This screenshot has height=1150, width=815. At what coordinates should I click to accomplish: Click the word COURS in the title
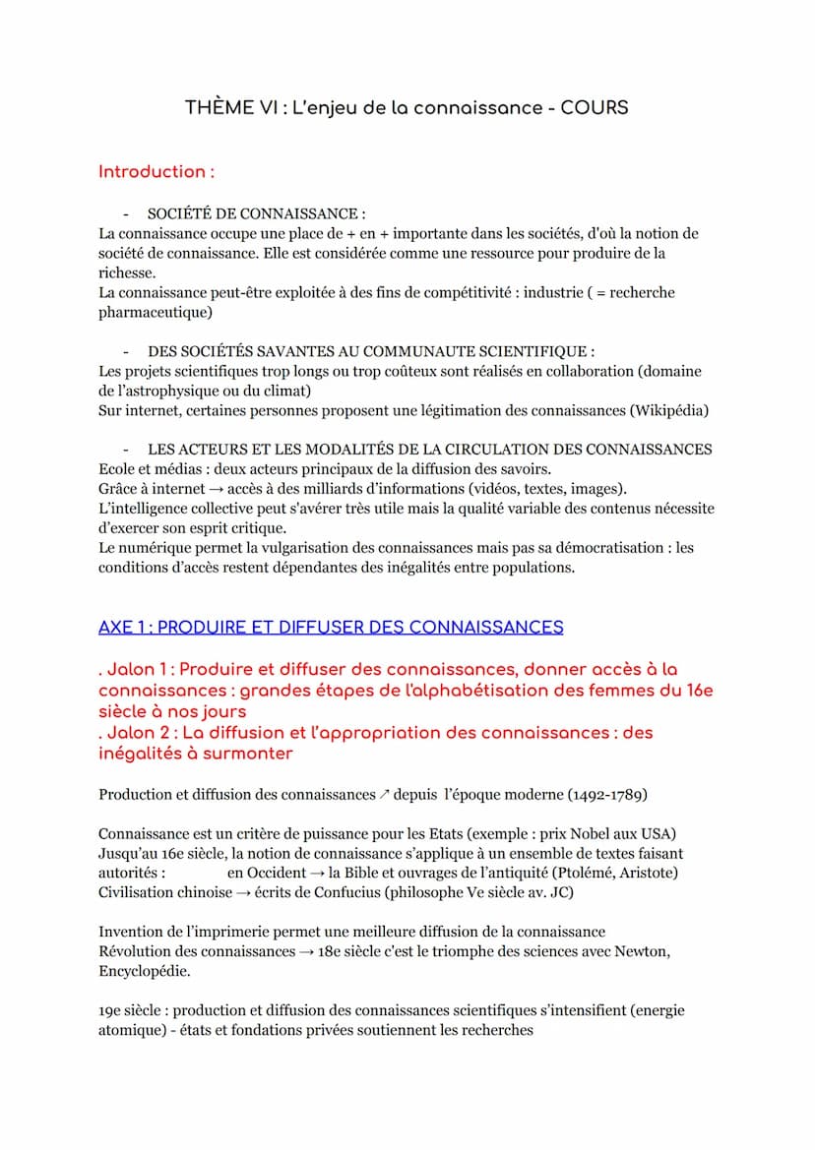pyautogui.click(x=595, y=107)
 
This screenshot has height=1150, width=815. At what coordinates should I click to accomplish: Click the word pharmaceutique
pyautogui.click(x=155, y=312)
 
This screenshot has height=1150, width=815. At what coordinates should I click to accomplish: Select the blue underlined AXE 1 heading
pyautogui.click(x=331, y=627)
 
